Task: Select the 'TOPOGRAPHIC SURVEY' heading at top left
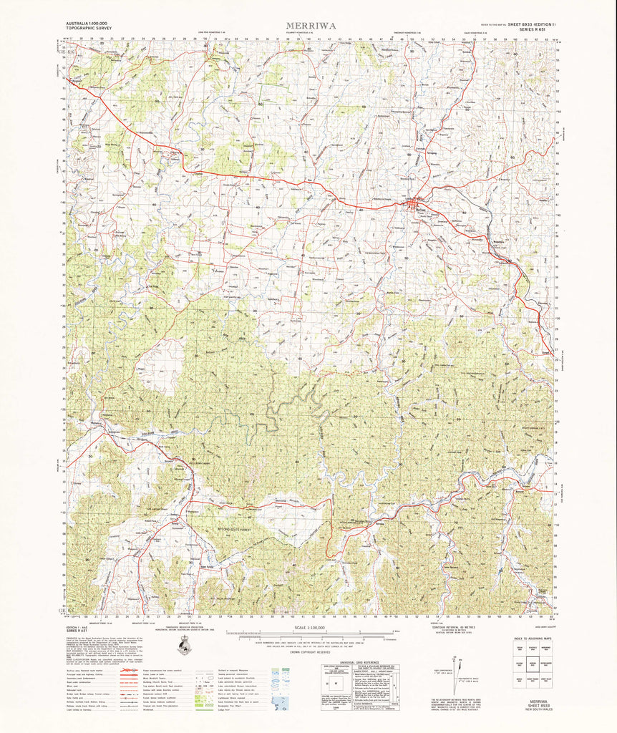coord(88,29)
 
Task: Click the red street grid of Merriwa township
coord(414,207)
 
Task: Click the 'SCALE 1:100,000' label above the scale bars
coord(308,627)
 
